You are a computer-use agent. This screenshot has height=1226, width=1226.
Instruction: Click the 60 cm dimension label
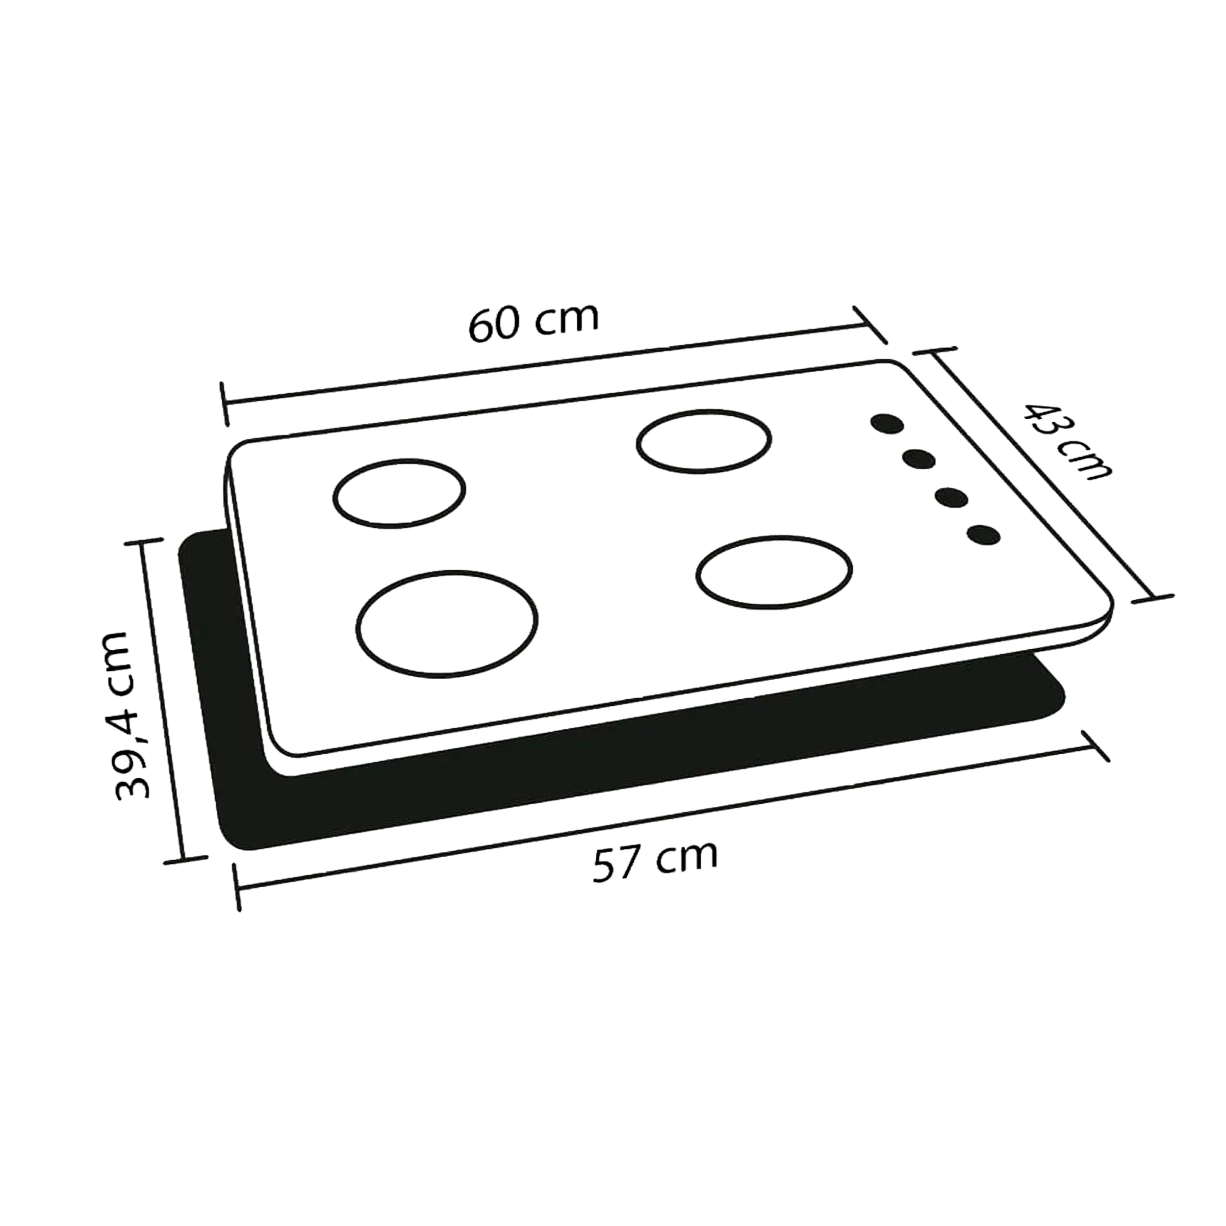click(534, 323)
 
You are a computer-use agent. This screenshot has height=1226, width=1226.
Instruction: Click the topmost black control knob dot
click(887, 425)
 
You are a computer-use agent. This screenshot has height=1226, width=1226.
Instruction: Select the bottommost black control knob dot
click(984, 536)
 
